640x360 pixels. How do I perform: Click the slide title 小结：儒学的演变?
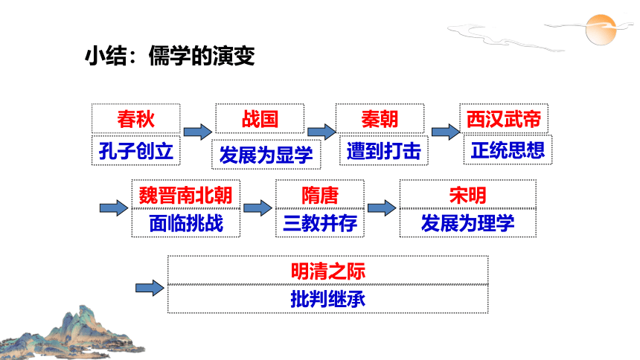(x=170, y=56)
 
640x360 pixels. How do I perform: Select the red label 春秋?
(x=136, y=119)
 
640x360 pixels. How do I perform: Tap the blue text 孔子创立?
(x=136, y=151)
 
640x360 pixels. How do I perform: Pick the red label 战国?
(x=260, y=119)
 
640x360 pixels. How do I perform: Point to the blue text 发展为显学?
(x=266, y=155)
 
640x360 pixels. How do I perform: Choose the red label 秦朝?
(x=380, y=119)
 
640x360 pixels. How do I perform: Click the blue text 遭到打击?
(x=384, y=151)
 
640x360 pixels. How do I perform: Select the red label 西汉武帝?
(x=504, y=119)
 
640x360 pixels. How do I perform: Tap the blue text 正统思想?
(x=508, y=150)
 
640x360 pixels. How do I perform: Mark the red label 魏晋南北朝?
(x=186, y=195)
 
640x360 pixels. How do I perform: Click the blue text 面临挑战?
(x=186, y=223)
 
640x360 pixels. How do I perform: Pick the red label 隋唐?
(x=320, y=195)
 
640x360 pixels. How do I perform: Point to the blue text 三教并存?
(x=320, y=223)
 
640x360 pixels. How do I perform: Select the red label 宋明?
(x=468, y=195)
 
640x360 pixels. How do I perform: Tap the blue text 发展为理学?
(x=468, y=223)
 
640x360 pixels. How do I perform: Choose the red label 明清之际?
(x=328, y=271)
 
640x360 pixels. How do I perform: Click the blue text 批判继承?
(x=328, y=299)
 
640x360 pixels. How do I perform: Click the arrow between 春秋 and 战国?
(x=198, y=132)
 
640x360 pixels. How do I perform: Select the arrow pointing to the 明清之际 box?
(x=150, y=288)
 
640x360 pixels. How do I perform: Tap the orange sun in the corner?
(x=601, y=30)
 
